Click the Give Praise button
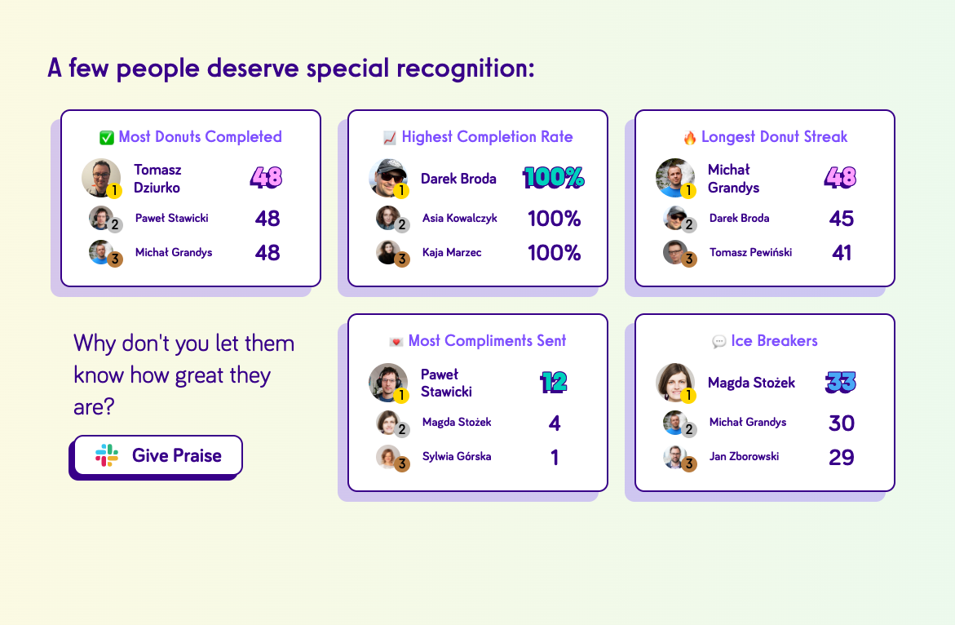(157, 455)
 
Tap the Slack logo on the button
(107, 455)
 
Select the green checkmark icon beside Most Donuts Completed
(107, 138)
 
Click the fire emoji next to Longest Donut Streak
(689, 137)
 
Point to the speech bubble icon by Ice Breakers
(718, 341)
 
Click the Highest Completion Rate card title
(487, 136)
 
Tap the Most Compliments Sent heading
(487, 340)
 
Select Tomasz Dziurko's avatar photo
(101, 178)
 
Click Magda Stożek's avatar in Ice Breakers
(674, 383)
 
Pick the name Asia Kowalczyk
(460, 218)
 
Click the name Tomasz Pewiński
(750, 252)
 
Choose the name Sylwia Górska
(457, 456)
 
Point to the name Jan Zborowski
(745, 456)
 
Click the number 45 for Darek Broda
(841, 219)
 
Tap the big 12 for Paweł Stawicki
(554, 383)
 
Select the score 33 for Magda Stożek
(841, 383)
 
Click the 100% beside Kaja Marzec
(555, 253)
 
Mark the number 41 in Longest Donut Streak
(842, 253)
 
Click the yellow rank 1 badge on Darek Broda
(400, 191)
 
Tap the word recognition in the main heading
(466, 69)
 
